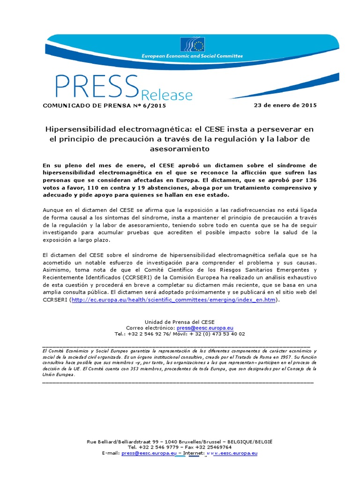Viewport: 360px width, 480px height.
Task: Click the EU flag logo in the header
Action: click(192, 45)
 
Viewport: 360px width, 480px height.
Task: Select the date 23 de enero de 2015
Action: click(285, 105)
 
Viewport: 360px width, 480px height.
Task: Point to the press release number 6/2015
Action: click(153, 105)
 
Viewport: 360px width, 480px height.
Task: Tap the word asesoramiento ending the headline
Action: click(180, 149)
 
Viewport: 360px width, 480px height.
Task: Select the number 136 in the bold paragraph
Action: click(311, 180)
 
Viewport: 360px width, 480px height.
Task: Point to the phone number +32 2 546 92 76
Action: click(150, 334)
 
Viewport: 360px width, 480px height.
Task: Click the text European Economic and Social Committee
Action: click(192, 56)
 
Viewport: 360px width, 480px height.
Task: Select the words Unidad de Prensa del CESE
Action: click(180, 322)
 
